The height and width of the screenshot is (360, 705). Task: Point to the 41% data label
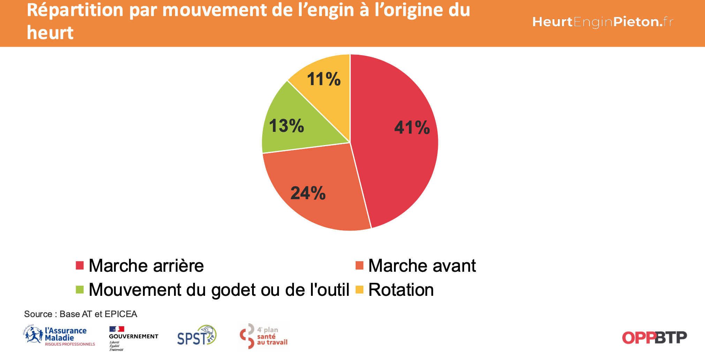coord(412,128)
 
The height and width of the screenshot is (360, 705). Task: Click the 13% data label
coord(286,126)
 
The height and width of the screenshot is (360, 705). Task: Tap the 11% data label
coord(324,79)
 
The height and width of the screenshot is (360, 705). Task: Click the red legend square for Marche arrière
coord(80,266)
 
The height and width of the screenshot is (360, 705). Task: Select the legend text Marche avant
coord(422,266)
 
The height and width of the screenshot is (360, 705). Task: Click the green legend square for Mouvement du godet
coord(80,290)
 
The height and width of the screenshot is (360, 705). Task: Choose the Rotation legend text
coord(401,290)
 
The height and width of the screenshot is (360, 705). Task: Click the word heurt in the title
coord(50,33)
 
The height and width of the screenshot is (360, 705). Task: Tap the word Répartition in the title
coord(75,10)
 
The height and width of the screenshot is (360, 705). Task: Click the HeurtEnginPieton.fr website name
coord(602,22)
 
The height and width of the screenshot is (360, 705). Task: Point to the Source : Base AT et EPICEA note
coord(81,314)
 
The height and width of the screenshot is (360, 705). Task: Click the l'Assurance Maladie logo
coord(60,336)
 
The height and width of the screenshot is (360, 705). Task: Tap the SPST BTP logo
coord(197,336)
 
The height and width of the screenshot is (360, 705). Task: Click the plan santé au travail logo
coord(264,336)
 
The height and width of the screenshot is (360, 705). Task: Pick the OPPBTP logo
coord(654,337)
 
